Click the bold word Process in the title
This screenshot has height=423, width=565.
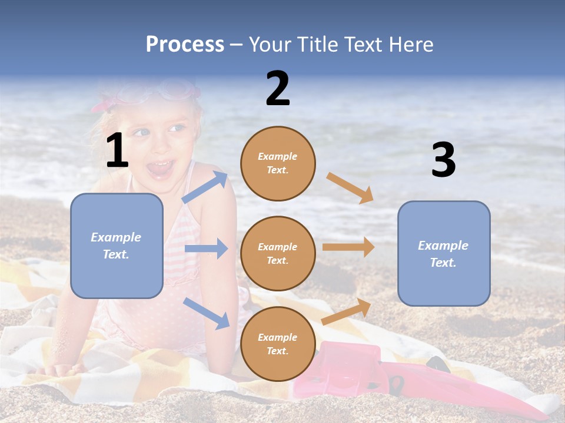pos(185,45)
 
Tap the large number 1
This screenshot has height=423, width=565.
pos(117,151)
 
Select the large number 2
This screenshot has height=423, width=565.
pos(278,89)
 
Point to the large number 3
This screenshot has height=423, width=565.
pos(443,160)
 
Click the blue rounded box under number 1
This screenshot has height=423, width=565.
pos(117,246)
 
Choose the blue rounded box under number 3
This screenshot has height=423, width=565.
pos(444,253)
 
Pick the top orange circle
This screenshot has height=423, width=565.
pos(278,163)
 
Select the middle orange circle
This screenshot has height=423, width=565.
pos(278,253)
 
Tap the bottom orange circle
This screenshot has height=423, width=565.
pos(278,344)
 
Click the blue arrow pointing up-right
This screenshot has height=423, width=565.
pos(205,187)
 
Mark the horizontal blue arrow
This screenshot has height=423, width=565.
pos(206,249)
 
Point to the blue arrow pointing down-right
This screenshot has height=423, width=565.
pos(206,313)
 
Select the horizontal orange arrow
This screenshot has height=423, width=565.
pos(348,247)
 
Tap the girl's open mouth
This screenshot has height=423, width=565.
pos(160,169)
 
